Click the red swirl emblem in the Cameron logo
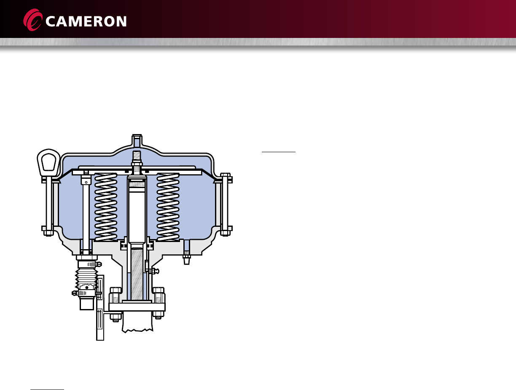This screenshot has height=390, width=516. coord(33,20)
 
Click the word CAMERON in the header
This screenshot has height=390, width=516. coord(86,22)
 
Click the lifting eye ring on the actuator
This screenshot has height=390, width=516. coord(48,162)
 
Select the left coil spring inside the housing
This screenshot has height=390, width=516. coord(106,207)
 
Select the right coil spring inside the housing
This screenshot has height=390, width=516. coord(168,207)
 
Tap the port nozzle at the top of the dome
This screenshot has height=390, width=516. coord(137,140)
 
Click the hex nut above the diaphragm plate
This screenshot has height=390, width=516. coord(137,164)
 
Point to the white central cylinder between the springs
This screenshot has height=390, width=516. coord(137,210)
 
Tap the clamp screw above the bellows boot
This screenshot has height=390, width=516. coord(99,264)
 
